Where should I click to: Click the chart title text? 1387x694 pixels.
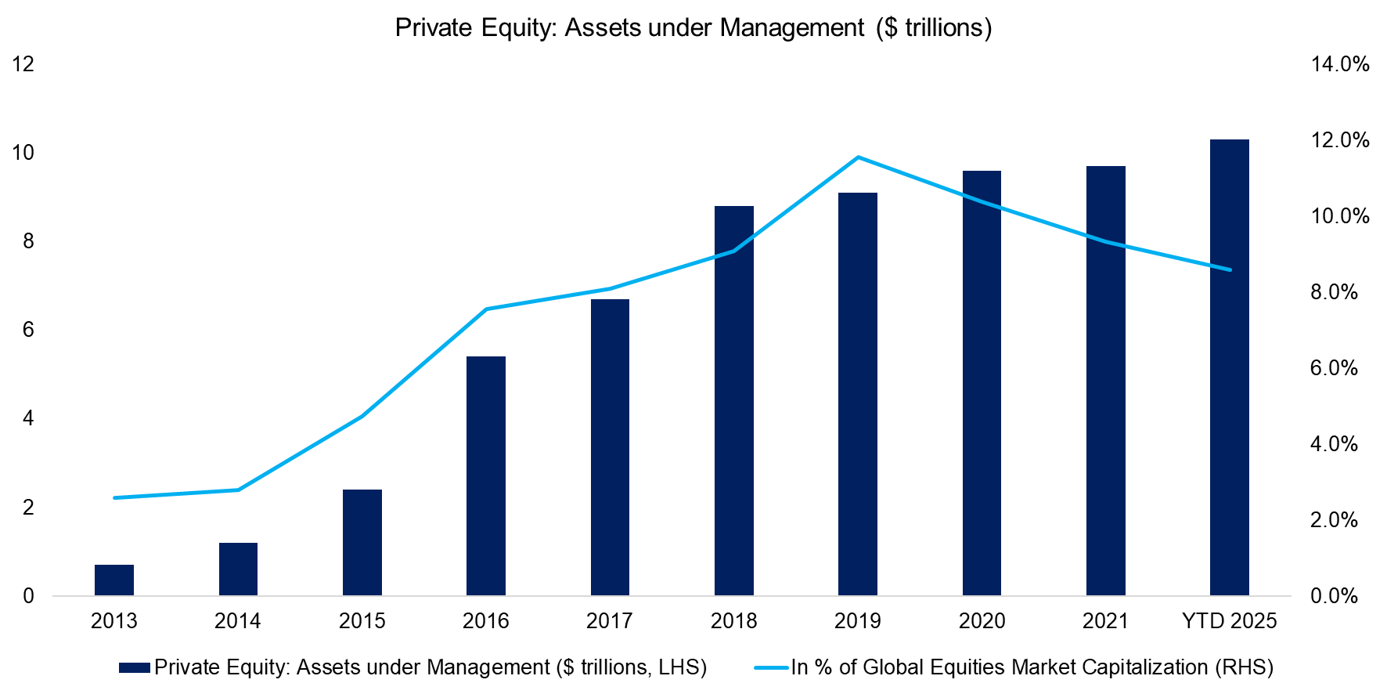(x=693, y=28)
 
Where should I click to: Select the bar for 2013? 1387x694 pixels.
(x=114, y=580)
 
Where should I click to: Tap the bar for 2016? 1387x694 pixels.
(x=486, y=475)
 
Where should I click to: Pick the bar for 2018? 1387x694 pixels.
(x=734, y=400)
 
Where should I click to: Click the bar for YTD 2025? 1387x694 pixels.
(x=1230, y=367)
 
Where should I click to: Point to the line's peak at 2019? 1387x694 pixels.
(x=858, y=157)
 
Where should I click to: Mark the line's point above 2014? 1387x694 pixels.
(x=238, y=490)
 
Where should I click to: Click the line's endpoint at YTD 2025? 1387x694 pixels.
(x=1230, y=269)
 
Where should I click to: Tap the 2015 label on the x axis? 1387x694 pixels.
(x=362, y=621)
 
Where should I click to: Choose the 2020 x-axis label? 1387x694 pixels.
(x=982, y=621)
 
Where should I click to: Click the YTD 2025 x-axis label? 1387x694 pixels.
(x=1229, y=621)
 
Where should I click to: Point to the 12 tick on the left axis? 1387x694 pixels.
(x=23, y=64)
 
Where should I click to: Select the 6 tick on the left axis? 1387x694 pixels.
(x=28, y=330)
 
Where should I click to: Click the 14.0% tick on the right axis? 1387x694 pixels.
(x=1339, y=64)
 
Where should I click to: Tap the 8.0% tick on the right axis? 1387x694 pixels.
(x=1334, y=292)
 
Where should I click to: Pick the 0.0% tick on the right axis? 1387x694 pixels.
(x=1334, y=596)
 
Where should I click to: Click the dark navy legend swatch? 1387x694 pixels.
(x=134, y=667)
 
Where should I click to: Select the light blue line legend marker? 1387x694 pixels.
(x=771, y=667)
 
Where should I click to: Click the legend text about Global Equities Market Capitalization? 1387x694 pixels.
(x=1032, y=667)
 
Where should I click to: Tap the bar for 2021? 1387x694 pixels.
(x=1106, y=381)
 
